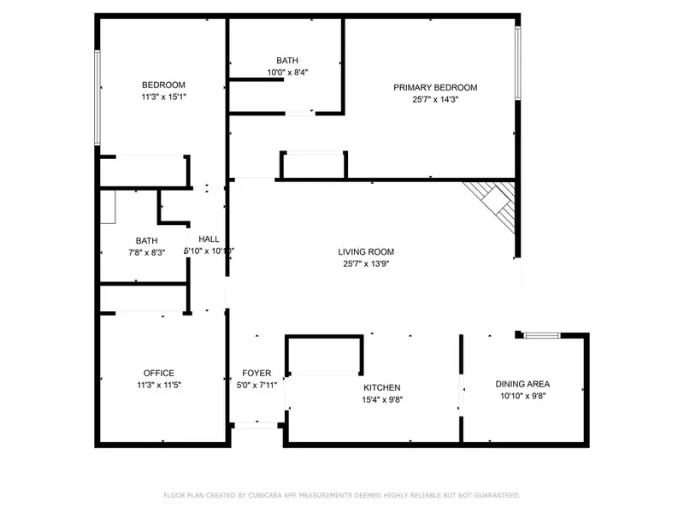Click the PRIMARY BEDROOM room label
pyautogui.click(x=434, y=87)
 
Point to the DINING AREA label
pyautogui.click(x=522, y=384)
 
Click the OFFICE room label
pyautogui.click(x=159, y=373)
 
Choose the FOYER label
pyautogui.click(x=256, y=374)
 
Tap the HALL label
pyautogui.click(x=209, y=239)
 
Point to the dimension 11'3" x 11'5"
pyautogui.click(x=159, y=385)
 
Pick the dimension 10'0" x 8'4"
pyautogui.click(x=287, y=73)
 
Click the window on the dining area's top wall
pyautogui.click(x=540, y=335)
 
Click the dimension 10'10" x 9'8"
pyautogui.click(x=522, y=396)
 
